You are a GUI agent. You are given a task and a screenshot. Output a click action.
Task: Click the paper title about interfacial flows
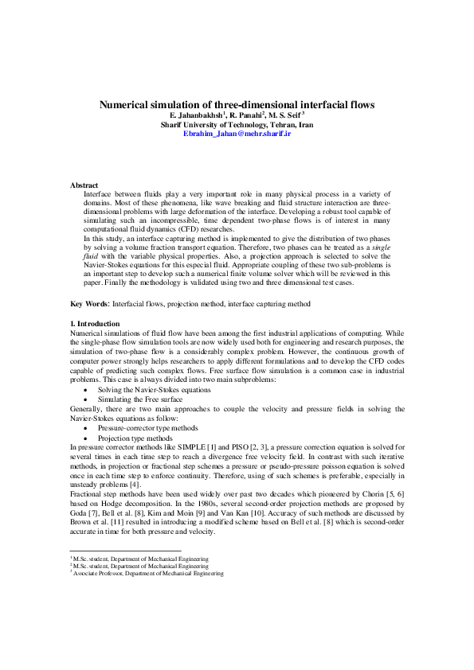coord(237,104)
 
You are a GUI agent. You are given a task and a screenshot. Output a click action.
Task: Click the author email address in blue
coord(237,134)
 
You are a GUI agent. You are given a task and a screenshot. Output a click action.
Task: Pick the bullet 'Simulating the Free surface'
coord(140,400)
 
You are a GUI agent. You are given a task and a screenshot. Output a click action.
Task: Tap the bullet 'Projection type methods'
coord(135,438)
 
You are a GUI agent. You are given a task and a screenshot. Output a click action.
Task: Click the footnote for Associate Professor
coord(147,573)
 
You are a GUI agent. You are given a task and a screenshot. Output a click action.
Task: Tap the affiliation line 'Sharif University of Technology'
coord(237,126)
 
